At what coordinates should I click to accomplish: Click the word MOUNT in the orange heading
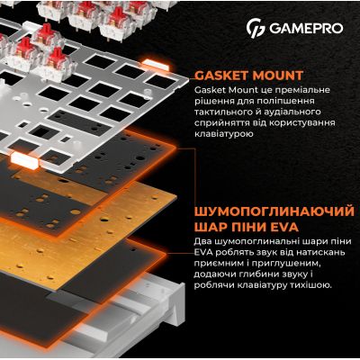pos(280,76)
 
